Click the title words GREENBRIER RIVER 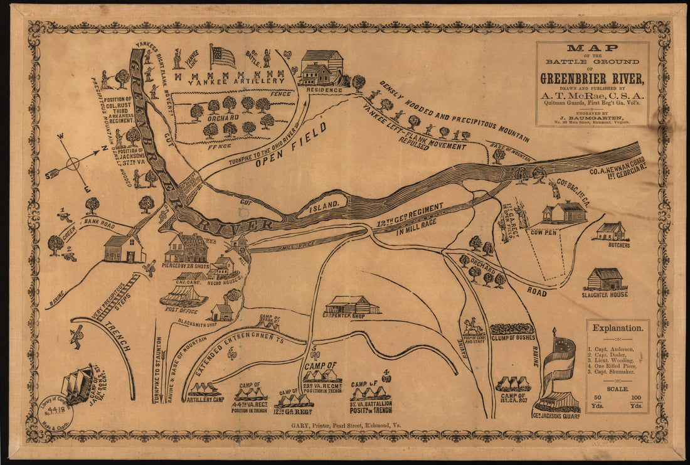(x=592, y=79)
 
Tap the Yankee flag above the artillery (x=223, y=57)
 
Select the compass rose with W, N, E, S (x=73, y=164)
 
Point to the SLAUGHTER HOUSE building (x=605, y=279)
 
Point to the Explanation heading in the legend (x=617, y=328)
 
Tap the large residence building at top (x=322, y=68)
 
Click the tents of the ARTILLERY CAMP (x=204, y=389)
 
